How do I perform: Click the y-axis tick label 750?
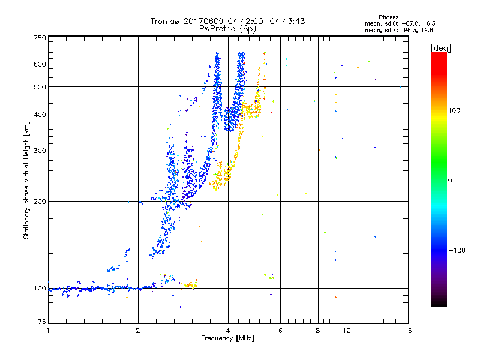tap(40, 37)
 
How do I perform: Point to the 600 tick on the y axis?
tap(40, 64)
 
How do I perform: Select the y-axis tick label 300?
tap(40, 151)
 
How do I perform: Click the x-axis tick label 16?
tap(407, 331)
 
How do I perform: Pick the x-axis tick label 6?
tap(280, 331)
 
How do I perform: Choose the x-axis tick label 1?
tap(48, 331)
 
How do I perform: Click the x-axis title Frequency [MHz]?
tap(227, 338)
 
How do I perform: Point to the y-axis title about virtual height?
tap(26, 180)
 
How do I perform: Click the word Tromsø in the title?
tap(165, 21)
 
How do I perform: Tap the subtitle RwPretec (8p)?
tap(227, 28)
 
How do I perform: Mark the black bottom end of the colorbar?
tap(439, 304)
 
